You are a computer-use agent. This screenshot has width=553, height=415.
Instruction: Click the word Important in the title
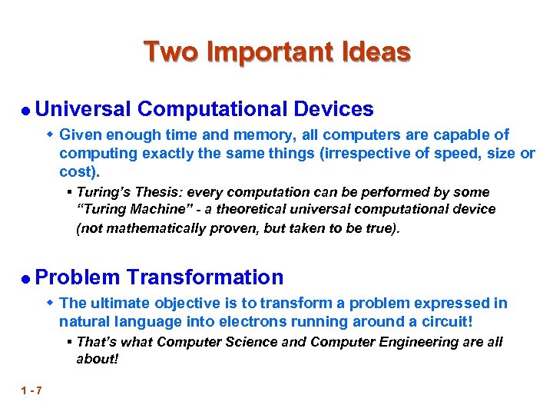point(269,52)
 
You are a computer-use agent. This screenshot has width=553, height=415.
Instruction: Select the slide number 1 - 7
point(32,391)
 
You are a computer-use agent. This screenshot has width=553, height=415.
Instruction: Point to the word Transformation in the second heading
point(205,277)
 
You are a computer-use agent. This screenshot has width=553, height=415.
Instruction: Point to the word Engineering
point(406,341)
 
